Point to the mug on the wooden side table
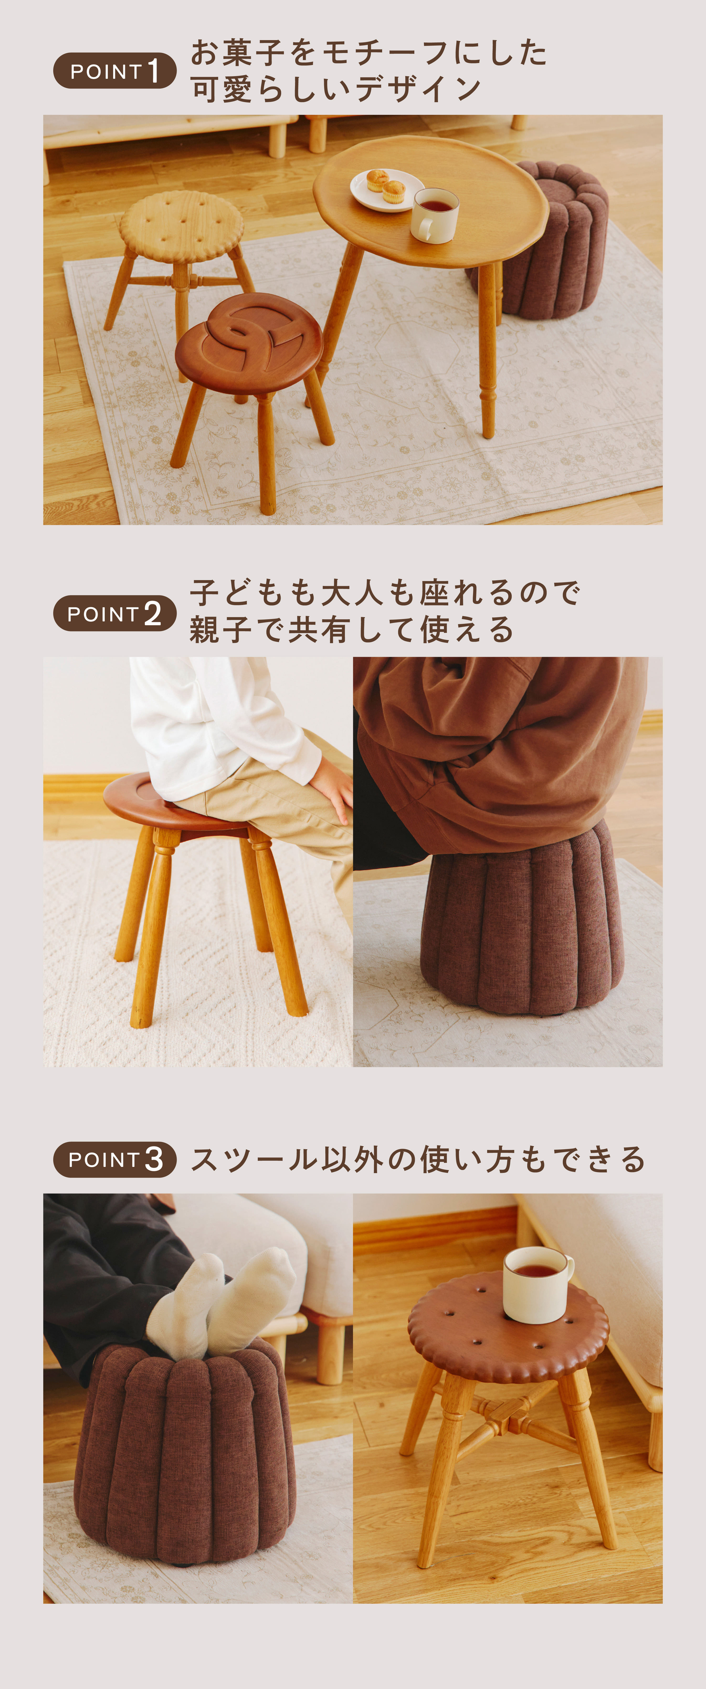pos(434,215)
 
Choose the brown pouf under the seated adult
pos(521,925)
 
